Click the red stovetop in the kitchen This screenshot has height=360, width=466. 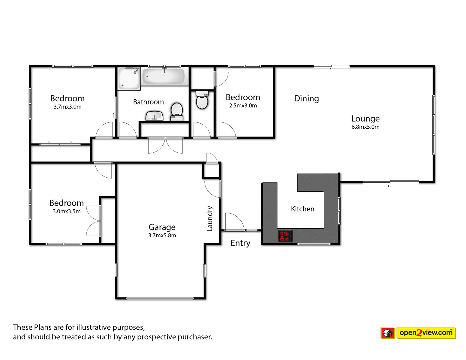click(285, 236)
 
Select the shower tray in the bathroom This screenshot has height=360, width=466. click(129, 78)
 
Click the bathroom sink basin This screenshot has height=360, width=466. click(155, 116)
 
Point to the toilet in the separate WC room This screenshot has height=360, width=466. click(202, 100)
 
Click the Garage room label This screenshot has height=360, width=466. click(162, 227)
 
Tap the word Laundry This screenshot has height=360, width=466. click(209, 219)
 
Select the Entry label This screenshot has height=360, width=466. click(240, 243)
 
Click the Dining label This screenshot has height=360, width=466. click(306, 98)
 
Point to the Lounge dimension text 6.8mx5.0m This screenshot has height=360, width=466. click(365, 127)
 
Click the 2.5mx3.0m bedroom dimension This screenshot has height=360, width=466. click(243, 106)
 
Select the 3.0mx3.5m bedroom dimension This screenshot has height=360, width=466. click(67, 211)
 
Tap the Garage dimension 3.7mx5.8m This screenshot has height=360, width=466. click(162, 235)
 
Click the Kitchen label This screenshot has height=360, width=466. click(302, 209)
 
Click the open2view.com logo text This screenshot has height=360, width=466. click(426, 333)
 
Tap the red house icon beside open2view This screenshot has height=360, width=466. click(388, 333)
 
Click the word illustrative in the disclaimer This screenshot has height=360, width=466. click(94, 327)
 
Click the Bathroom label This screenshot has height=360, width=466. click(149, 102)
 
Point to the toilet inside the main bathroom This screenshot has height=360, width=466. click(177, 112)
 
